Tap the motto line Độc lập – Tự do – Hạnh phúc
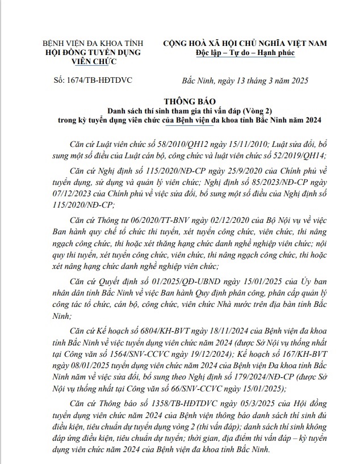(246, 53)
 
